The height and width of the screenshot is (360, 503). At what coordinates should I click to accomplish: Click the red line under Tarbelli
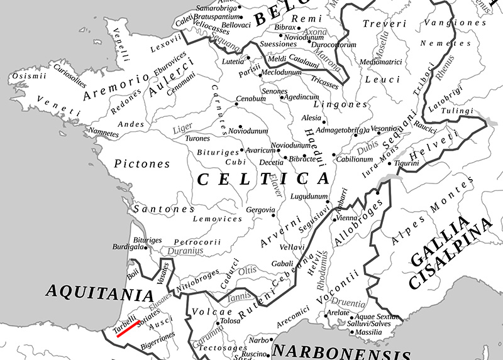[127, 329]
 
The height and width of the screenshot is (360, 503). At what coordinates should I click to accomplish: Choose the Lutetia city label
[233, 62]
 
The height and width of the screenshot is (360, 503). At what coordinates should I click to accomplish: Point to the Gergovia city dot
[274, 215]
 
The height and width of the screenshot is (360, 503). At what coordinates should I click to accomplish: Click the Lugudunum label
[306, 197]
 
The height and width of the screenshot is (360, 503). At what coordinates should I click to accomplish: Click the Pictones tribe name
[142, 164]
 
